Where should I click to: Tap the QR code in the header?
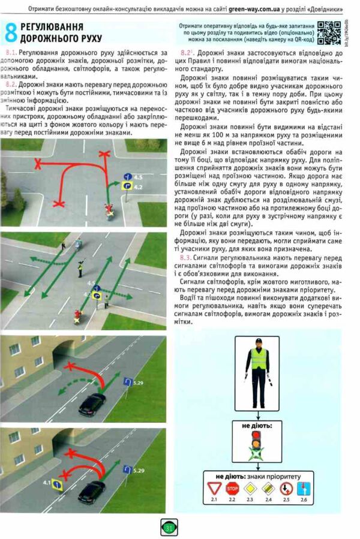pos(329,32)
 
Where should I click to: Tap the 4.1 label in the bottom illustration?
pos(47,481)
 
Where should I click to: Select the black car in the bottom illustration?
pos(91,493)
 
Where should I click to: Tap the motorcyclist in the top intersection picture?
pos(109,212)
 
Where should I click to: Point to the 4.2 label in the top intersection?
pos(137,187)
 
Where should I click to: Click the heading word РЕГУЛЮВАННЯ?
pos(48,28)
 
